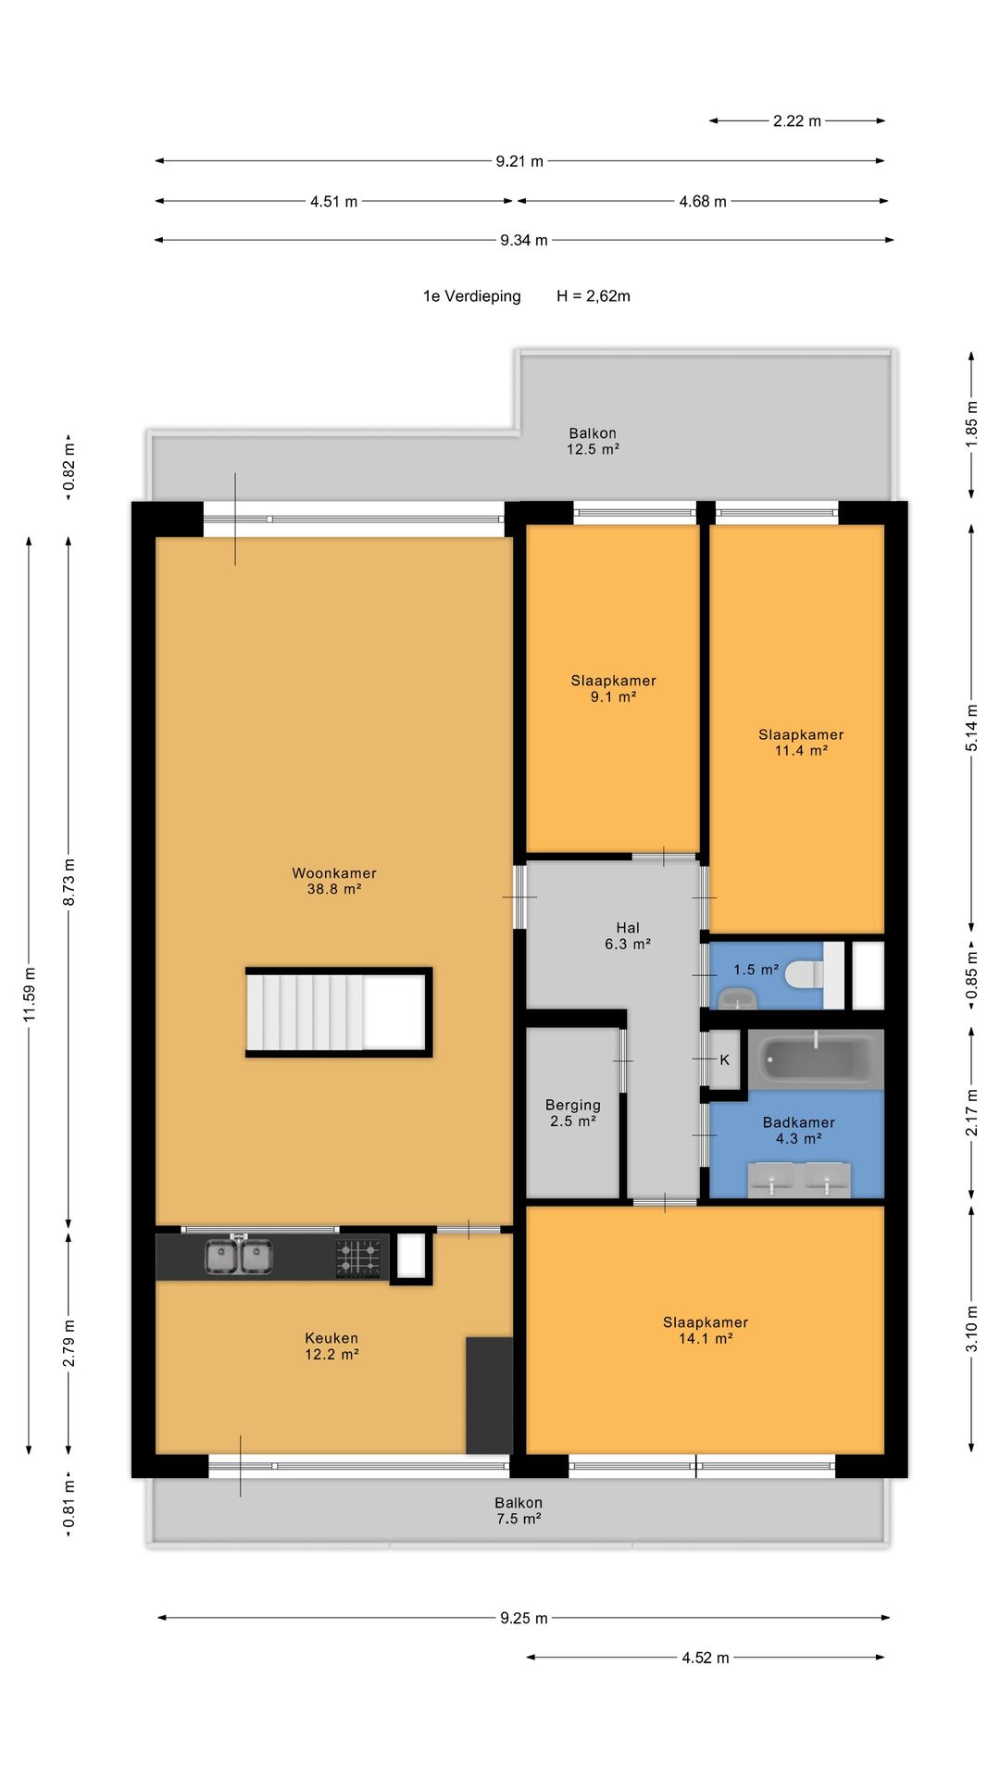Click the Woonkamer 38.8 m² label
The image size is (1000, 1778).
[x=334, y=881]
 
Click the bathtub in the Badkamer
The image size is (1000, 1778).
[x=816, y=1058]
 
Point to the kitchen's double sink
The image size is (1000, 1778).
[x=239, y=1257]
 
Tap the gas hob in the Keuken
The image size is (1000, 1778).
[x=357, y=1258]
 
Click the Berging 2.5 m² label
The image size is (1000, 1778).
[x=573, y=1113]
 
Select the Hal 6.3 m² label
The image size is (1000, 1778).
[x=628, y=936]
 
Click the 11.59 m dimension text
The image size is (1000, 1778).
[x=30, y=995]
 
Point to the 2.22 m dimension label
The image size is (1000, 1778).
[x=797, y=121]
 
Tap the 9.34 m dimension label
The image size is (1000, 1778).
[x=524, y=241]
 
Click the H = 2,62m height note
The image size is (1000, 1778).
[x=594, y=296]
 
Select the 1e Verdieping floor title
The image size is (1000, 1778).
[x=472, y=296]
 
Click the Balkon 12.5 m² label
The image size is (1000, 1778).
[x=593, y=441]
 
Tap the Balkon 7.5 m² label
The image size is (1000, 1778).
[x=519, y=1510]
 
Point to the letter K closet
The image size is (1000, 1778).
[x=725, y=1059]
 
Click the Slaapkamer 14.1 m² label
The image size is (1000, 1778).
[x=706, y=1331]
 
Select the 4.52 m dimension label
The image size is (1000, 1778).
[x=706, y=1658]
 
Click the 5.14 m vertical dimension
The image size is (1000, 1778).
[x=971, y=728]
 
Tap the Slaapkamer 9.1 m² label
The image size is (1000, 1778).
[x=613, y=689]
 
